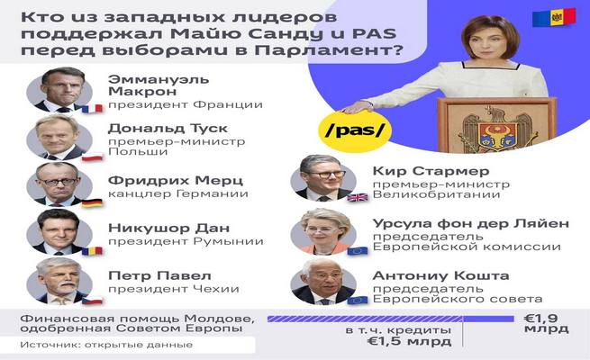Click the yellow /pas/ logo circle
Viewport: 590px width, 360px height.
tap(355, 131)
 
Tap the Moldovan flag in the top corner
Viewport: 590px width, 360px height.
tap(554, 18)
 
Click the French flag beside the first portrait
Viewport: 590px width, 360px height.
tap(92, 109)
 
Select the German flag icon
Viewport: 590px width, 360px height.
tap(92, 202)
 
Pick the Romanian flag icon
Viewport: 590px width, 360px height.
tap(92, 250)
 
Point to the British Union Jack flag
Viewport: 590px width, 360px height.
tap(357, 197)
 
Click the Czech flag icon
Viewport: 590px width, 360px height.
tap(92, 301)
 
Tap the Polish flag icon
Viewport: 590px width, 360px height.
tap(92, 157)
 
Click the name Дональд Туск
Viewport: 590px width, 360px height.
tap(168, 129)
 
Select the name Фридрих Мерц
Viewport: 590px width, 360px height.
tap(176, 180)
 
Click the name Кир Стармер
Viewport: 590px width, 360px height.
tap(431, 171)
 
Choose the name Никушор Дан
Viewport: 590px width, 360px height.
tap(169, 228)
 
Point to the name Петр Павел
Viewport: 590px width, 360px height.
tap(159, 275)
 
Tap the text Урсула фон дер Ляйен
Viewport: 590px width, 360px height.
tap(471, 223)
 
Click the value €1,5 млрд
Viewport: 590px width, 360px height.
tap(409, 341)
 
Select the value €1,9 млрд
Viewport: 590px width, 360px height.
tap(547, 323)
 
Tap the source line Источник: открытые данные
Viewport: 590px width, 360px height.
tap(106, 345)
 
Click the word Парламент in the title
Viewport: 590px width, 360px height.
tap(323, 50)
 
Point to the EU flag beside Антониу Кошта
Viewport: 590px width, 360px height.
tap(357, 301)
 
